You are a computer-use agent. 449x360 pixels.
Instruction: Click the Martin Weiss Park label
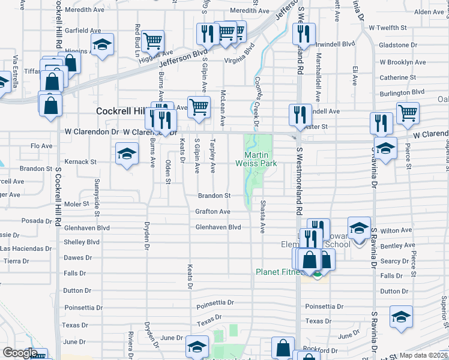260,158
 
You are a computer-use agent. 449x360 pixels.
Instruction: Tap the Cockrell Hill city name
122,112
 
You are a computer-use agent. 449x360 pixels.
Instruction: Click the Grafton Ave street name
212,212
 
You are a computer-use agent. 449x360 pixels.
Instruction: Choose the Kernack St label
80,162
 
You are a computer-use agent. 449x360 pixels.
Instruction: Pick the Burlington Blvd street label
402,92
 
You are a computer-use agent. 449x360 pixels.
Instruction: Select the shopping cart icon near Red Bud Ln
154,41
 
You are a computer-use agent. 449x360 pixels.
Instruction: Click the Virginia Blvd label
240,52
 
